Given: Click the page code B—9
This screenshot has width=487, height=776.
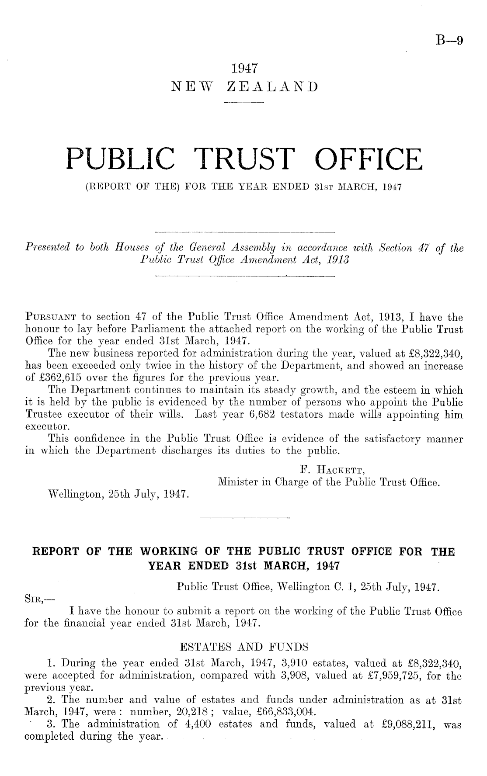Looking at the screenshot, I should (x=449, y=41).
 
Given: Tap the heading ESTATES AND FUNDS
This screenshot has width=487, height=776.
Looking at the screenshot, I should (x=244, y=645).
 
